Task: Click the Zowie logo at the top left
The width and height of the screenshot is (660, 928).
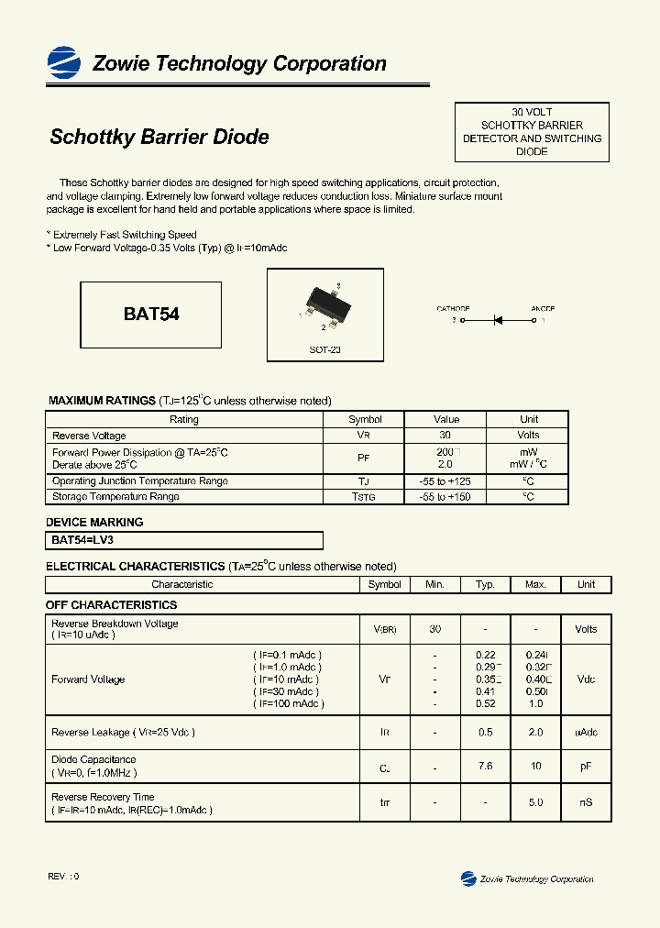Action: (x=64, y=62)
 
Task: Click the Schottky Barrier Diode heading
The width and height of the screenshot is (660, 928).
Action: (x=159, y=137)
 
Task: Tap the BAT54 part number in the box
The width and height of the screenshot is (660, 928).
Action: (x=151, y=314)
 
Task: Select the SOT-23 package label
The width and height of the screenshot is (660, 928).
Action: (x=324, y=350)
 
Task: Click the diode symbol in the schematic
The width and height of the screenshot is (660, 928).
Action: (x=500, y=321)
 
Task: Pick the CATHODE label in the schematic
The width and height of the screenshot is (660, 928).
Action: (x=453, y=309)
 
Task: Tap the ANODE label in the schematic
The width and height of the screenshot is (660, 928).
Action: (x=543, y=309)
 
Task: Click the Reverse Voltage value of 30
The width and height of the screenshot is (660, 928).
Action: (x=445, y=436)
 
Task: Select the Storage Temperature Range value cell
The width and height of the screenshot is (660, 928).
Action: (x=445, y=497)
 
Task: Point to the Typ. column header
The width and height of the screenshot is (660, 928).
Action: (x=486, y=584)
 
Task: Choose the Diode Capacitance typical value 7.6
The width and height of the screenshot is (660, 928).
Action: (x=486, y=765)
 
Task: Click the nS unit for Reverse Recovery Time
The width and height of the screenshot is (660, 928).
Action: (x=586, y=802)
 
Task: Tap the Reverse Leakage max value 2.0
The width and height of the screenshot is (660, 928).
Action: (x=535, y=733)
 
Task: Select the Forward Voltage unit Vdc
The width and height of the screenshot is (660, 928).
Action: (x=586, y=679)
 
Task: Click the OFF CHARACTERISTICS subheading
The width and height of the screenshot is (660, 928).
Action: (x=111, y=605)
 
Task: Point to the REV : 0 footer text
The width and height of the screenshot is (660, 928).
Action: (x=63, y=877)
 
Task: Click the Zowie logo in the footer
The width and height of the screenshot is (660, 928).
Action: (x=468, y=878)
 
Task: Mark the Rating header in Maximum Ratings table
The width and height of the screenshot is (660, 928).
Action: (x=184, y=419)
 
